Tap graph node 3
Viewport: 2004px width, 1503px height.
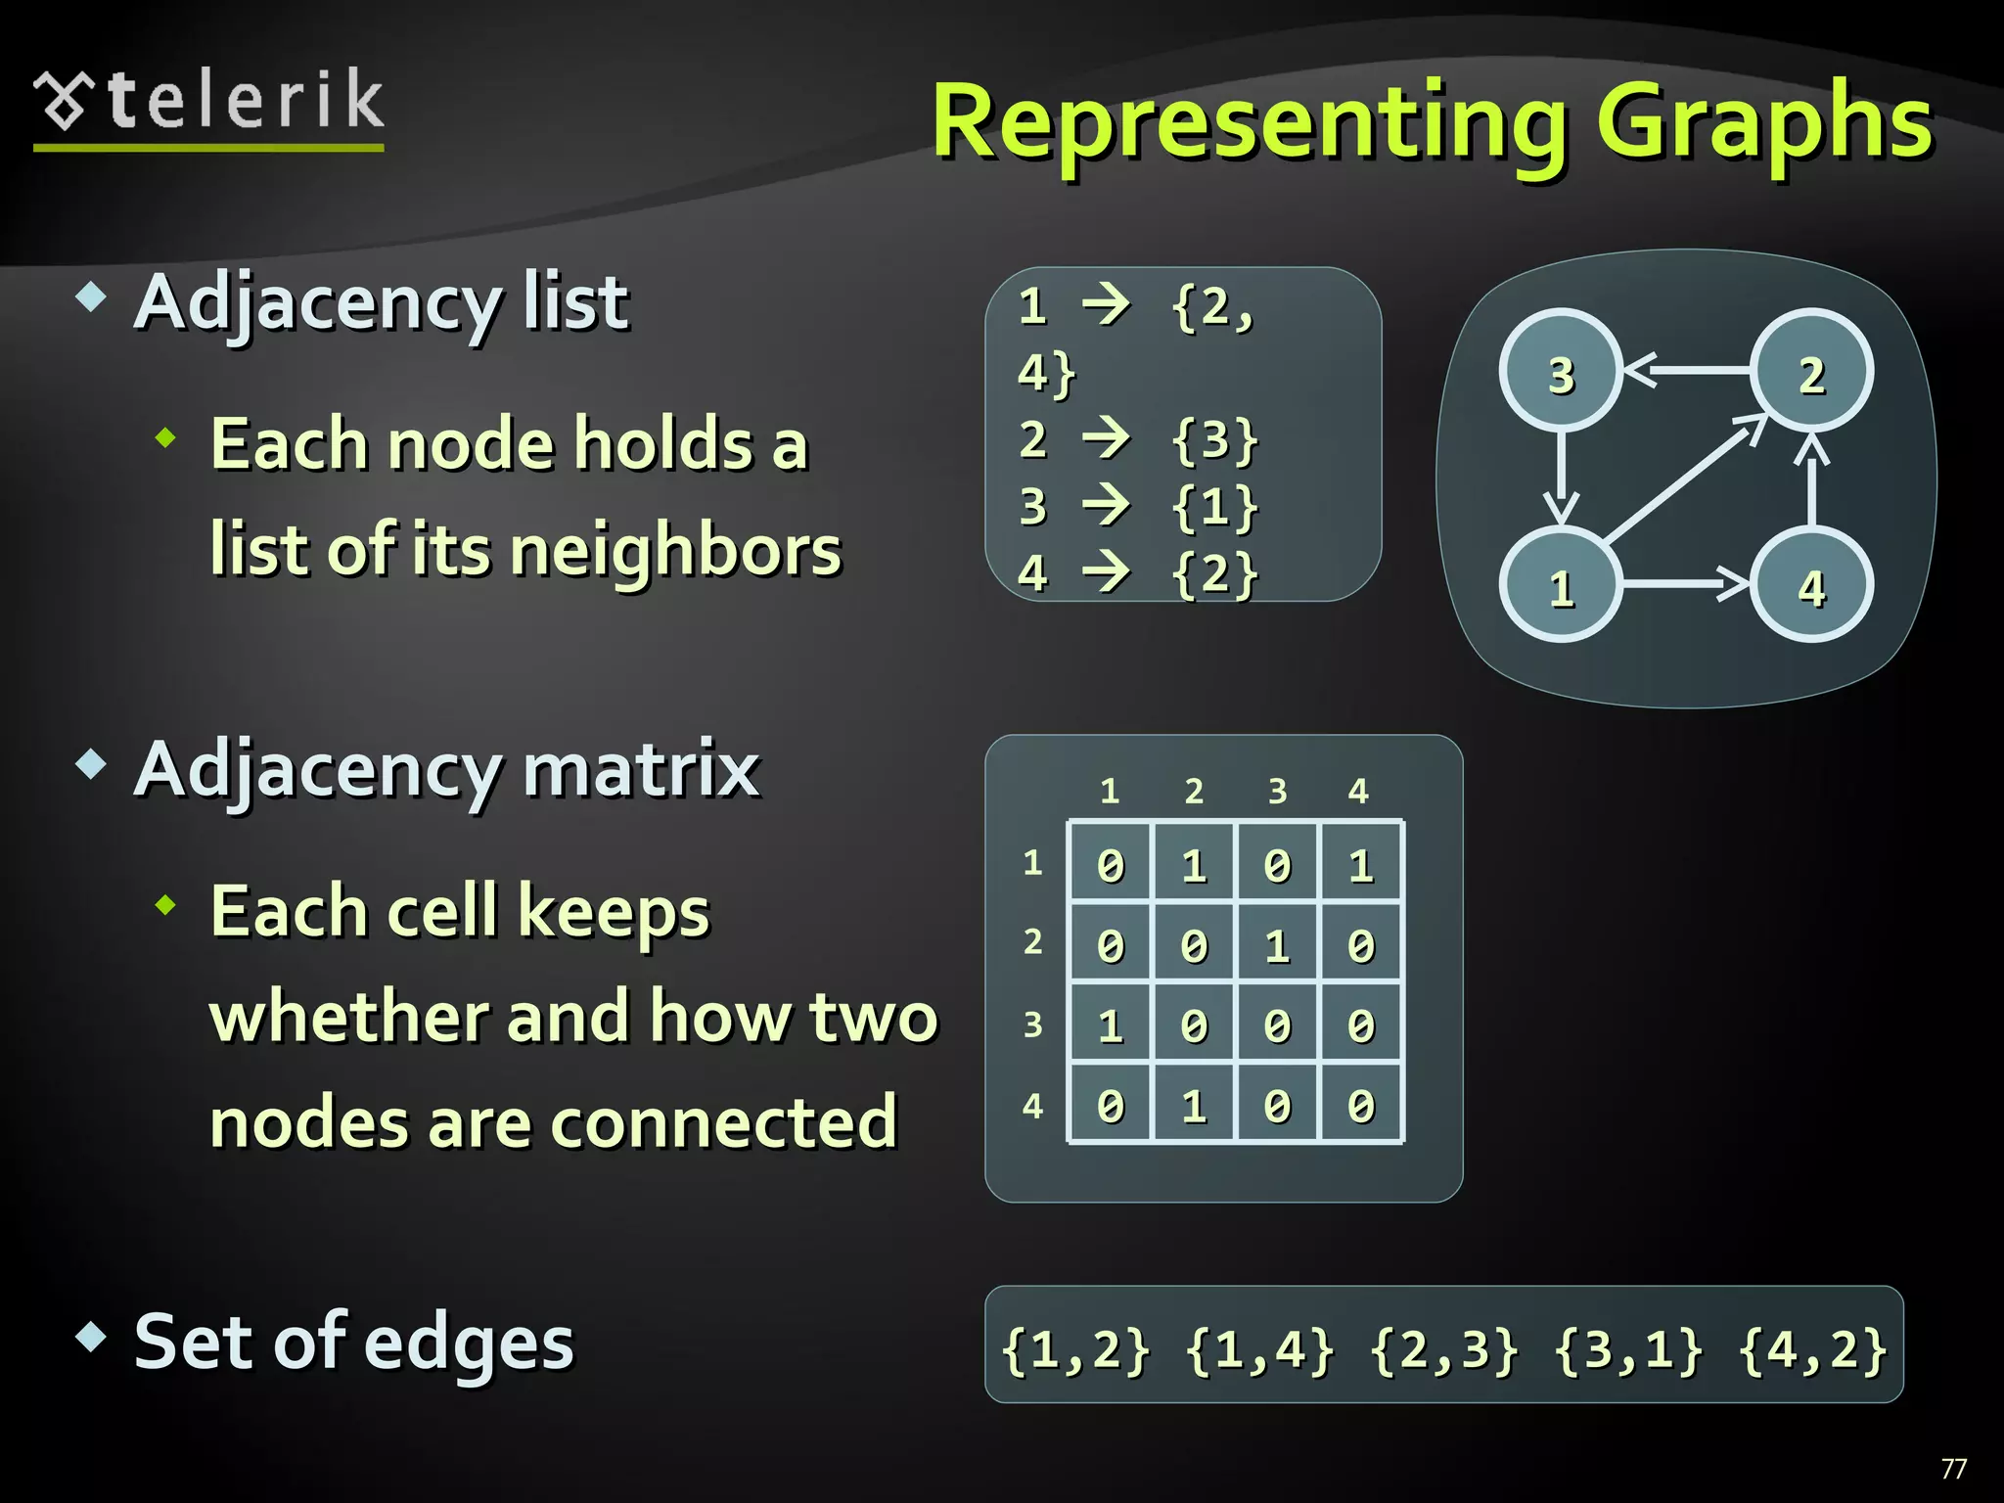[1561, 372]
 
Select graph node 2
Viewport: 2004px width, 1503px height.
[1811, 372]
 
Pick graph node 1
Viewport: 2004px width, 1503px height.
[1561, 586]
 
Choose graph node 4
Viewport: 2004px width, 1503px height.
[1811, 586]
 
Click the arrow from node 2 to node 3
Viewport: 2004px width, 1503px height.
[1687, 370]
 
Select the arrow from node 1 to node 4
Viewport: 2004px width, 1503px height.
[1685, 585]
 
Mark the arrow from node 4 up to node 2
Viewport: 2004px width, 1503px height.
[1812, 479]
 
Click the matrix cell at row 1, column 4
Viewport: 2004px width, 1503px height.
[1361, 864]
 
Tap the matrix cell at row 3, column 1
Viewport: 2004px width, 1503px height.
[1111, 1025]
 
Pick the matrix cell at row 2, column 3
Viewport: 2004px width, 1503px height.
[1277, 944]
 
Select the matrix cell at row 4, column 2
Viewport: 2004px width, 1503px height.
[1194, 1105]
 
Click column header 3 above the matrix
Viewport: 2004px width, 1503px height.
[1277, 791]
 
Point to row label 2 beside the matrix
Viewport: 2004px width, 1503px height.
[1032, 941]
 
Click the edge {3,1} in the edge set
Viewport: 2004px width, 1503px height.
[1627, 1348]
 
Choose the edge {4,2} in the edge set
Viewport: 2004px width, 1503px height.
[1812, 1348]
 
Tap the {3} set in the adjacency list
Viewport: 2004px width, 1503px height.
[1214, 440]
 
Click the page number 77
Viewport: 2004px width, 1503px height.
[1953, 1468]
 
